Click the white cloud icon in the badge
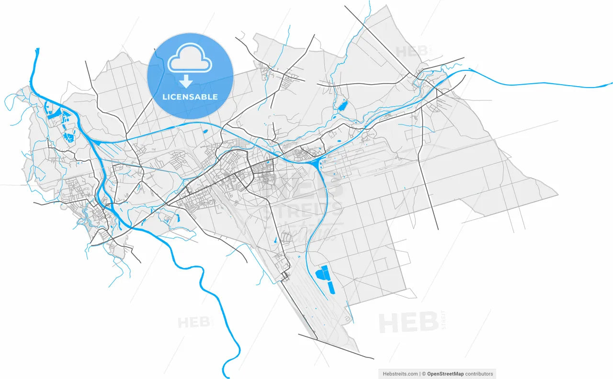click(190, 58)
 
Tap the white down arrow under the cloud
click(185, 82)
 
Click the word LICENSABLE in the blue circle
click(190, 97)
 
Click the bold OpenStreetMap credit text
click(445, 374)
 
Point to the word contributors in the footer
click(479, 374)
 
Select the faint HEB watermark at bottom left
click(194, 322)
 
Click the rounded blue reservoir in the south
click(321, 274)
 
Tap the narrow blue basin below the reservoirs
click(331, 287)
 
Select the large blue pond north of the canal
click(342, 104)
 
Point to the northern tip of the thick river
click(37, 49)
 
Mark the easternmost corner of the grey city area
click(557, 195)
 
